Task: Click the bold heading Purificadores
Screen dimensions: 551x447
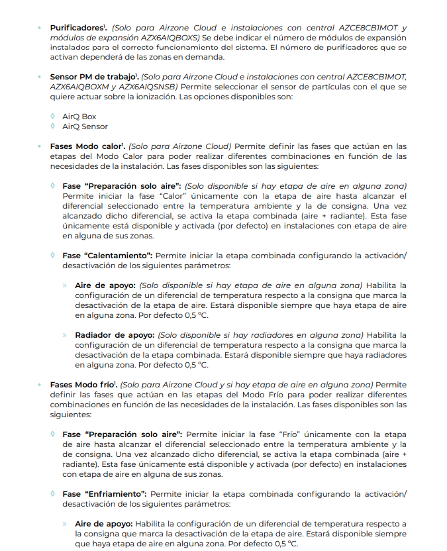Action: click(76, 28)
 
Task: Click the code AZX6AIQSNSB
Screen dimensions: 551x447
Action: click(150, 87)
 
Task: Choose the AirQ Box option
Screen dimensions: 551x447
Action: click(79, 117)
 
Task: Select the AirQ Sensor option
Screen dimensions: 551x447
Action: click(85, 126)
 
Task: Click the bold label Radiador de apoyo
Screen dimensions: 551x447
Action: click(113, 334)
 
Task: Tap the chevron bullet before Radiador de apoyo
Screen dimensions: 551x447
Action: click(65, 334)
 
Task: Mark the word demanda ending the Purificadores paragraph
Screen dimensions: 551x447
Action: click(205, 58)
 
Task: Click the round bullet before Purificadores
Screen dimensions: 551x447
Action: click(40, 28)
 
